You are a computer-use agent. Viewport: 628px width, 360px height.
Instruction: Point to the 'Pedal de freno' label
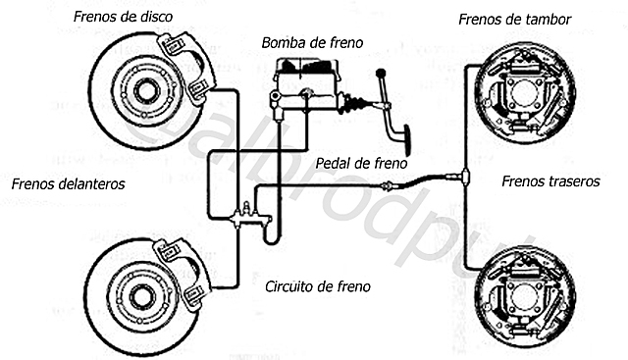(x=361, y=163)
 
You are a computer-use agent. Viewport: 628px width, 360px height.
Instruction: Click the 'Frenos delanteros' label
(x=69, y=182)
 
